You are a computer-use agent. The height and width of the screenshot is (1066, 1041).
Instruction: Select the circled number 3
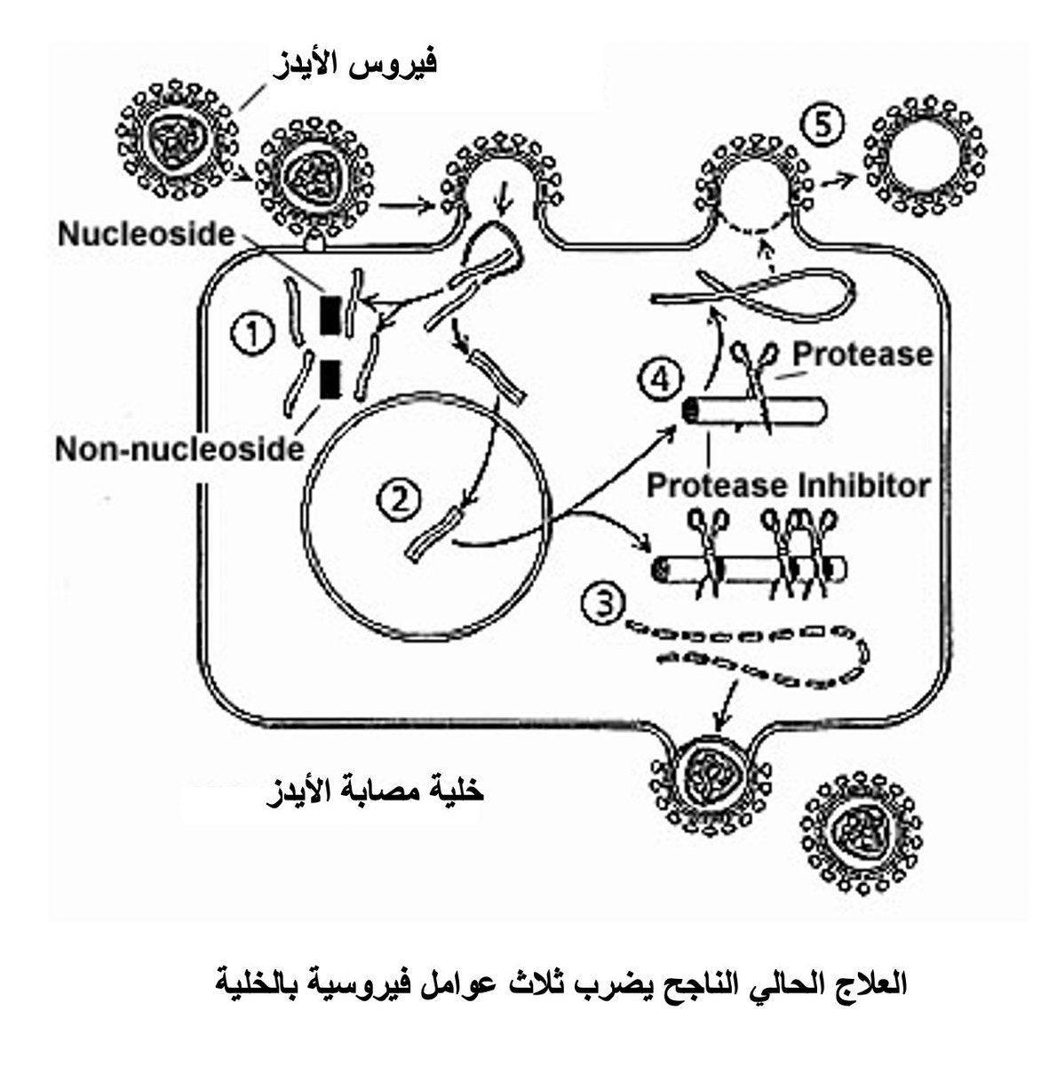tap(601, 603)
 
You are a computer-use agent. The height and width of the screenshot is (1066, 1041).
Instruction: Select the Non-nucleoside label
tap(179, 449)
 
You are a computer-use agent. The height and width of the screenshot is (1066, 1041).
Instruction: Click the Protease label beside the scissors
tap(862, 354)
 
